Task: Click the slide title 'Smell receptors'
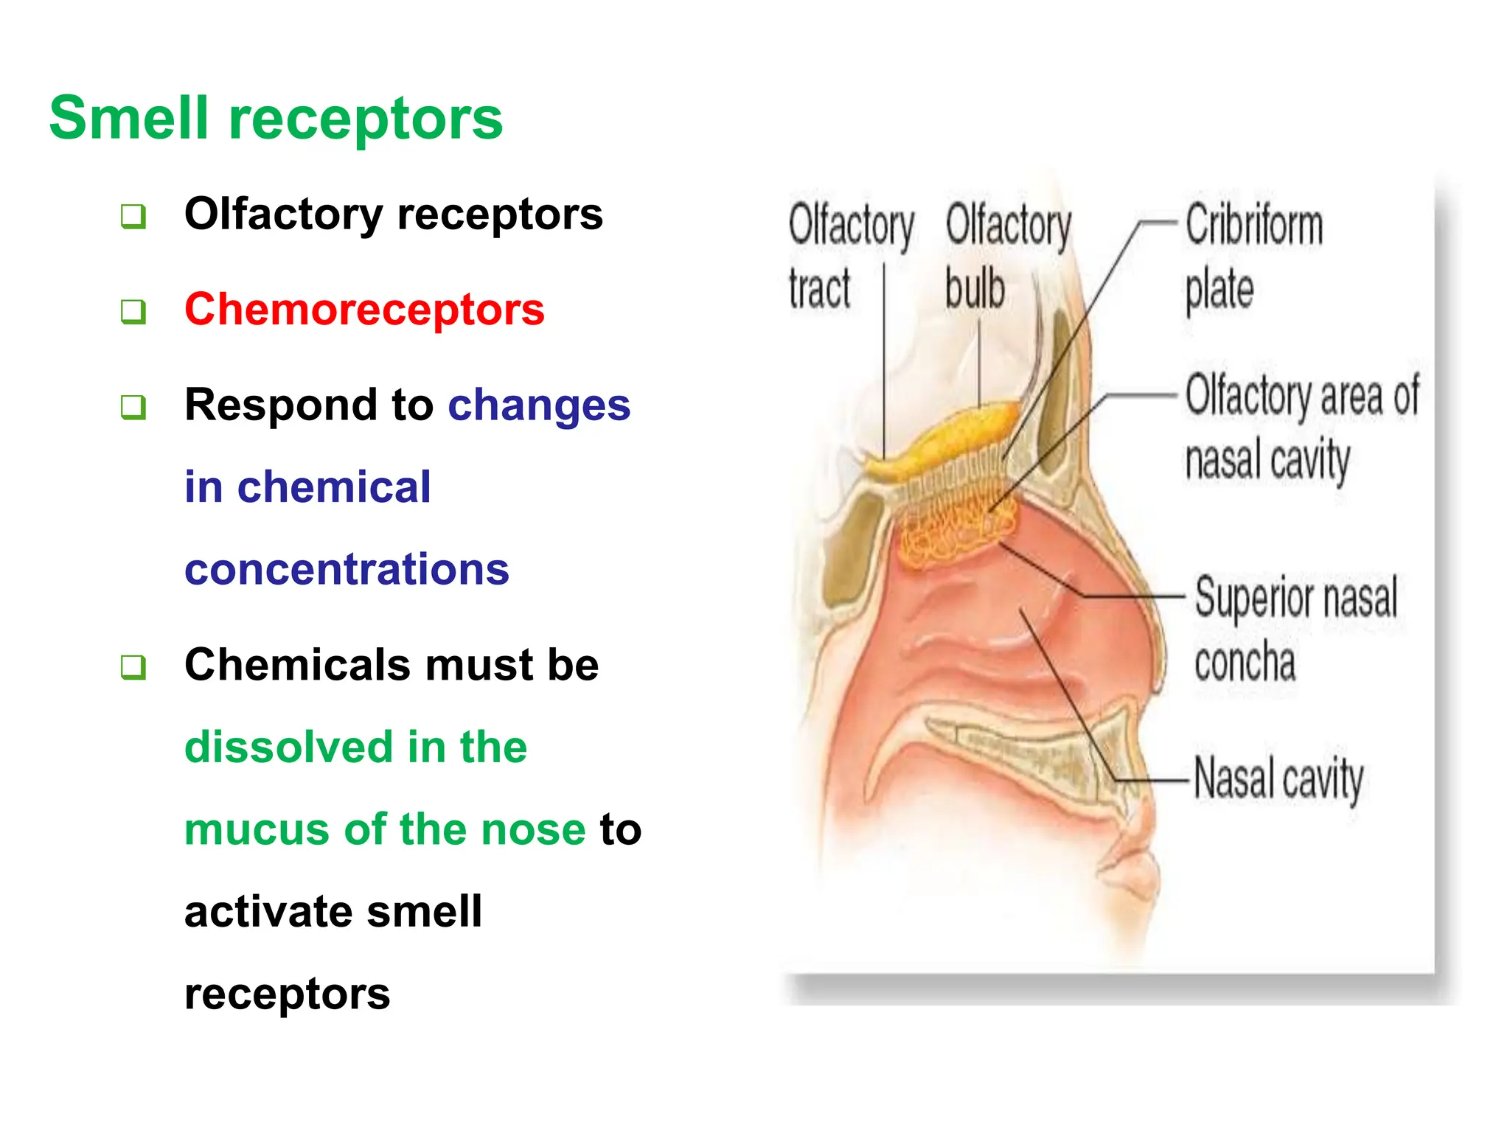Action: (x=276, y=118)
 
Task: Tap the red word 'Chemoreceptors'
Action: (x=364, y=309)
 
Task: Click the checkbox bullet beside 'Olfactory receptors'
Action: (x=133, y=217)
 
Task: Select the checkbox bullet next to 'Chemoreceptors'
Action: (x=133, y=312)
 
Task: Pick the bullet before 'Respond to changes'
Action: (x=133, y=407)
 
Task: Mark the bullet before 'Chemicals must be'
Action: (x=133, y=667)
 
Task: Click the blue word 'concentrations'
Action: (x=347, y=569)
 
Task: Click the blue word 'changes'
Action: (x=539, y=405)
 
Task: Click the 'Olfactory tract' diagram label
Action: (x=850, y=256)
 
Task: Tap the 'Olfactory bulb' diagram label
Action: (x=1008, y=256)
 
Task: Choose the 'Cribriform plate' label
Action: (x=1253, y=256)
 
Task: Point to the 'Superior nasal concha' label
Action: (x=1295, y=628)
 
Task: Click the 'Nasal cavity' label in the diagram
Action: (x=1278, y=778)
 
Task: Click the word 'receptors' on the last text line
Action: (x=287, y=994)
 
